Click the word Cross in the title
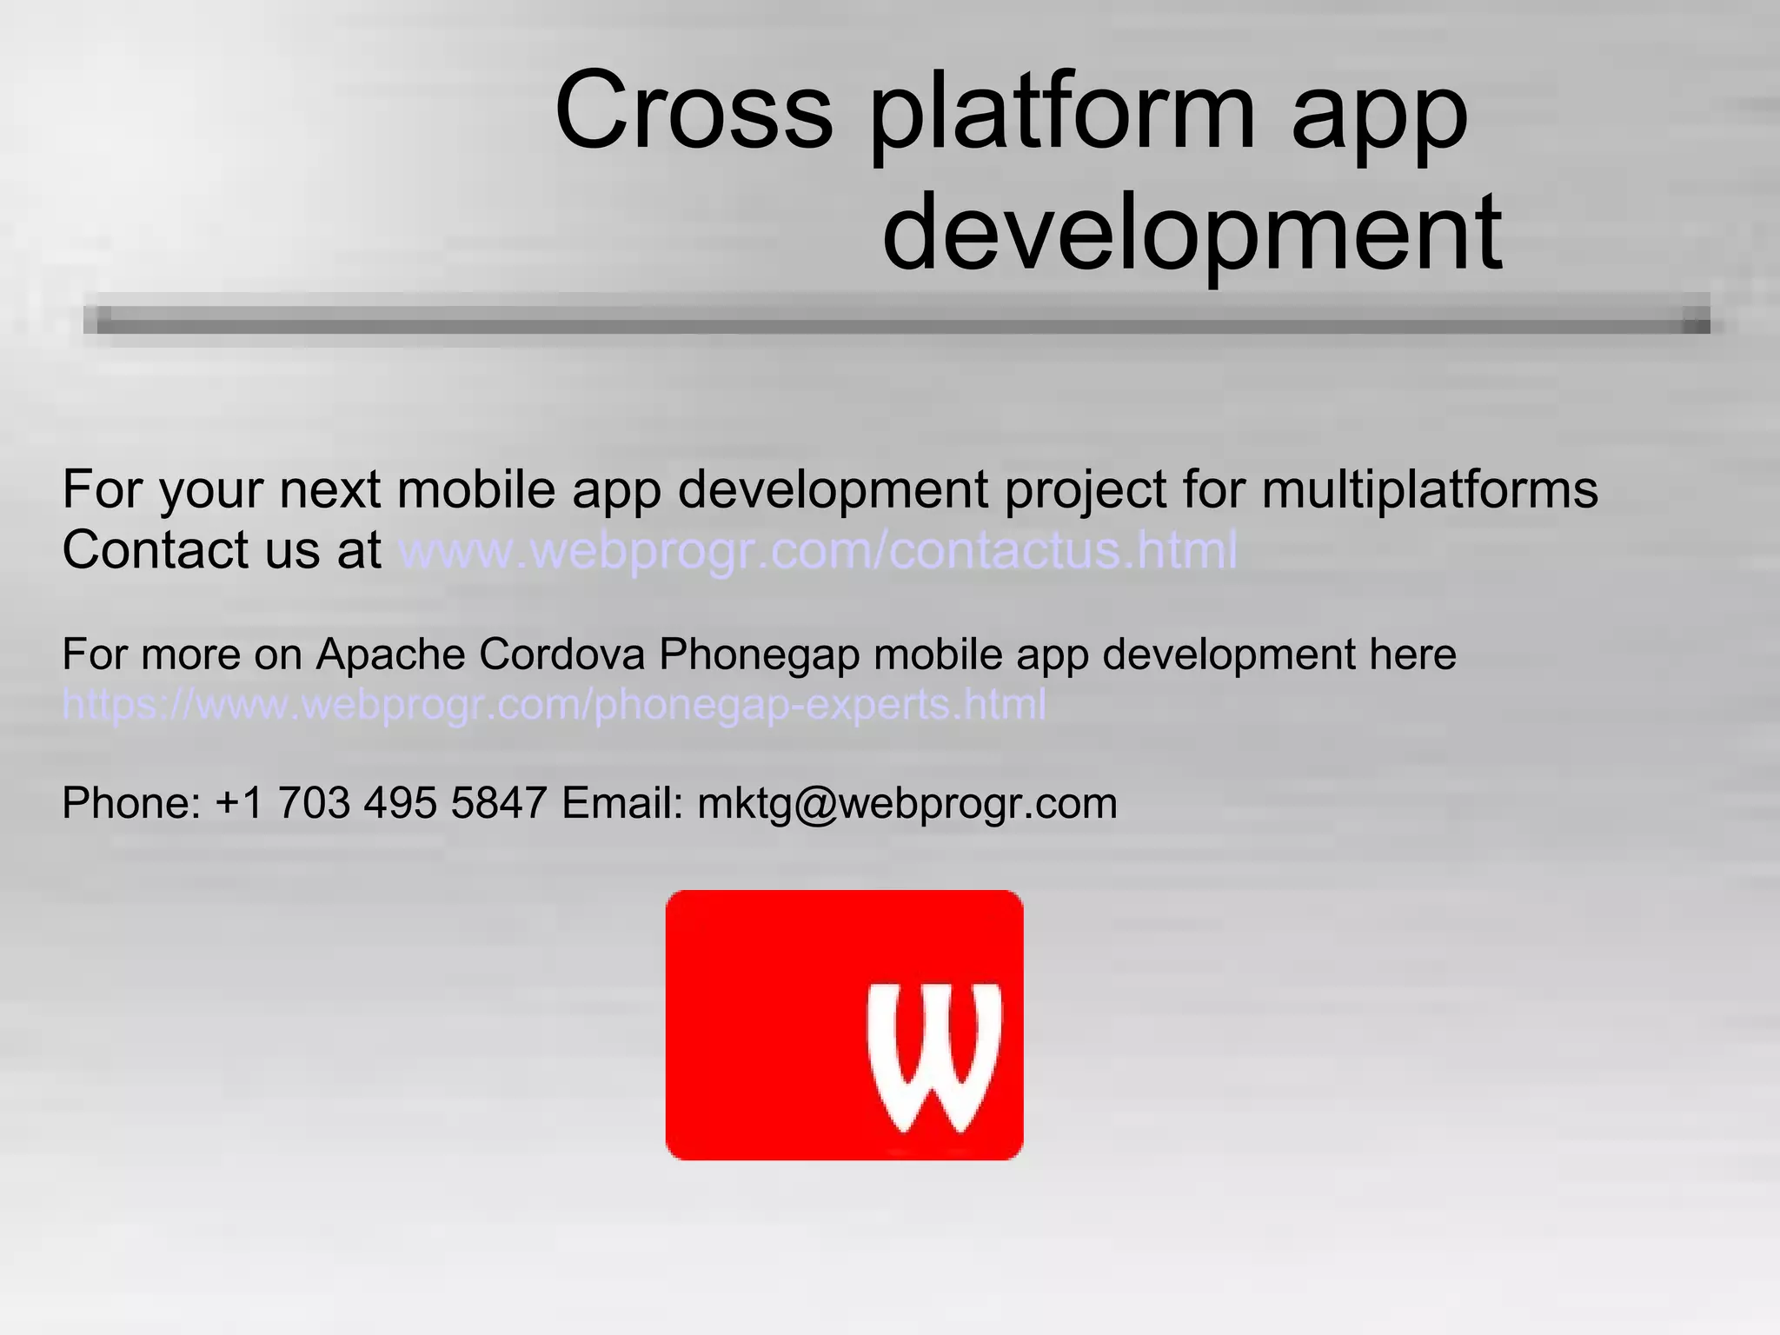694,111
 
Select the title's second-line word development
1192,233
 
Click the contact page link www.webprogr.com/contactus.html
818,550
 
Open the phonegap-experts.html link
554,704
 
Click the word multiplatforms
1429,489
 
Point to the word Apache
390,654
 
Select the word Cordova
561,654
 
